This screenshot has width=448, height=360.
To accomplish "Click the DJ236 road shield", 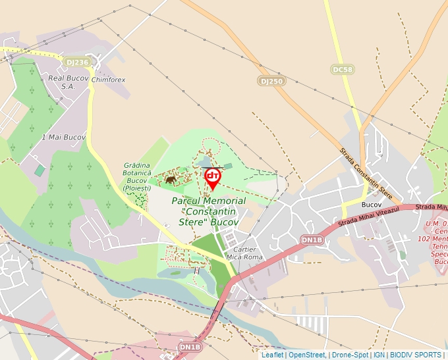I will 77,62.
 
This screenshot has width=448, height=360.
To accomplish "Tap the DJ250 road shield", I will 271,80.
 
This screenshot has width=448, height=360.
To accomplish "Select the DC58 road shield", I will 343,69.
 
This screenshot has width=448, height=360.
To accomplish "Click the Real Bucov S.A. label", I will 67,82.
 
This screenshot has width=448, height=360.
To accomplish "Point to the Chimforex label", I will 109,80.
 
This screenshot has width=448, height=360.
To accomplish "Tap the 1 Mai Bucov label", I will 63,137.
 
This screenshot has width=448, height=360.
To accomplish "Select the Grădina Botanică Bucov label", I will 137,176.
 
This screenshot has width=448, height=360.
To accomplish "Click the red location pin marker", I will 213,177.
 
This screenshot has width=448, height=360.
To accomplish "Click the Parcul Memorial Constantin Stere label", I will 209,211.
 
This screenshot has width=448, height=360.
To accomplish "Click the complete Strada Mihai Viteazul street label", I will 369,218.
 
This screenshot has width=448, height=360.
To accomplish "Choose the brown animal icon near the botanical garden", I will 171,179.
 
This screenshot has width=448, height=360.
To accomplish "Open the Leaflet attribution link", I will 272,355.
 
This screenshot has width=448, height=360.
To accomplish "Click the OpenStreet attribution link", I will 307,355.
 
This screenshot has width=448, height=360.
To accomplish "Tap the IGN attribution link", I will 379,355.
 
